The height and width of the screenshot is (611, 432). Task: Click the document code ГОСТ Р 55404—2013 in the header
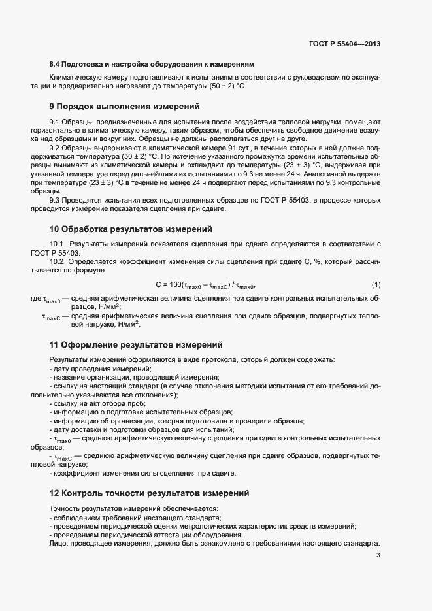[x=344, y=44]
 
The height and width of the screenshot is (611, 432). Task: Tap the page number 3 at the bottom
[x=378, y=555]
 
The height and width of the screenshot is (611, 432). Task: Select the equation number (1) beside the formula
[x=376, y=284]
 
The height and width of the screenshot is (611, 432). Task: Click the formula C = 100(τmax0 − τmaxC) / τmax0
[x=205, y=285]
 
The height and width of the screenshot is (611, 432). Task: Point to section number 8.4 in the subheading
[x=56, y=64]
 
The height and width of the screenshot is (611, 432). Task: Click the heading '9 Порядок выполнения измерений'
[x=124, y=105]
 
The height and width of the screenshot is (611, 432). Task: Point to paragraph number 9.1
[x=55, y=122]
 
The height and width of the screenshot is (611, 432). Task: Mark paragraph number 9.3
[x=55, y=199]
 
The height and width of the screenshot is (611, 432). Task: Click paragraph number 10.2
[x=57, y=261]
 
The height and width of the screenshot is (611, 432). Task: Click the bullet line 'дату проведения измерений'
[x=92, y=369]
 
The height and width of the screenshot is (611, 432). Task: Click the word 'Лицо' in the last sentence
[x=58, y=542]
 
